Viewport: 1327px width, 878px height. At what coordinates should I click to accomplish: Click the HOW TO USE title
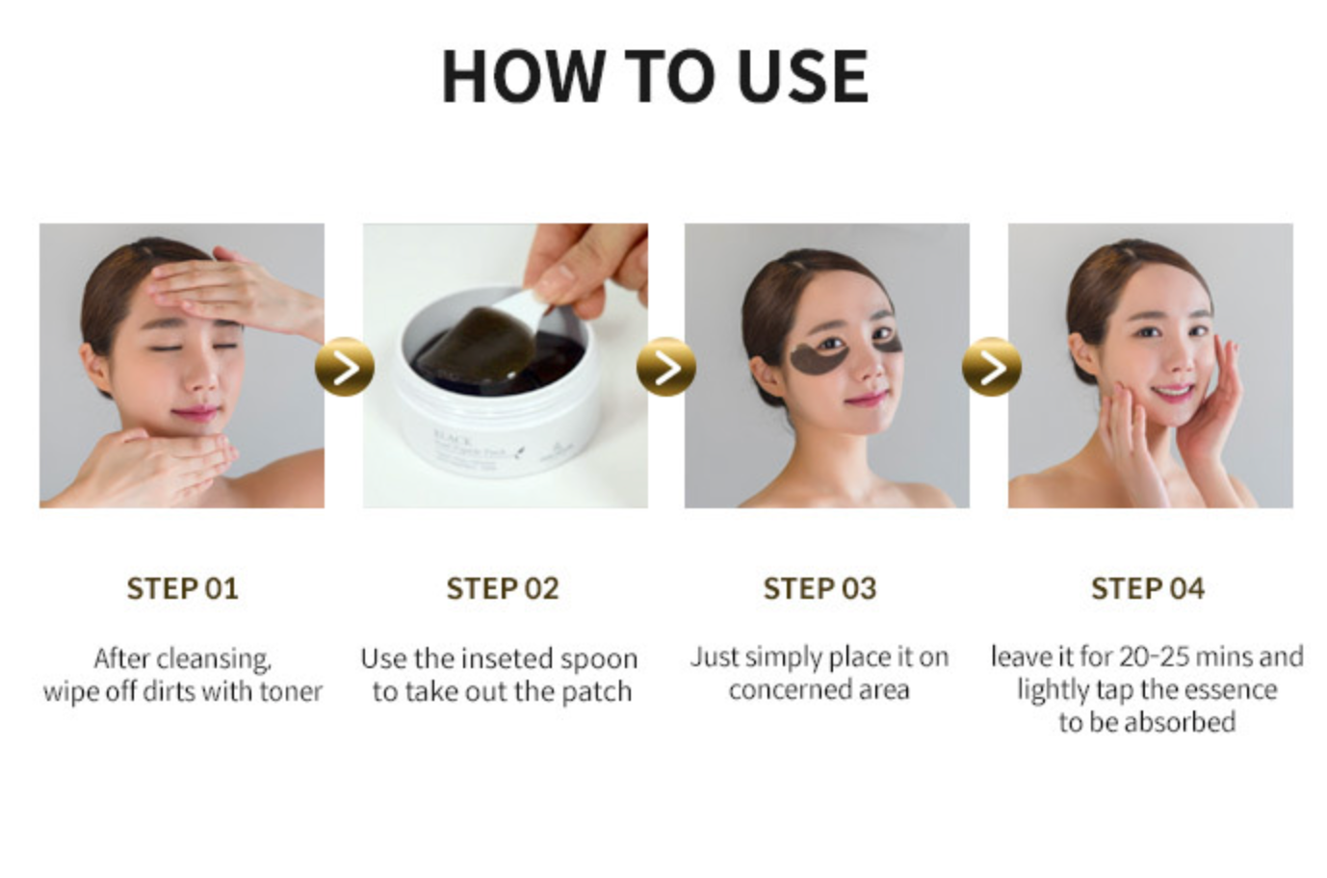tap(655, 76)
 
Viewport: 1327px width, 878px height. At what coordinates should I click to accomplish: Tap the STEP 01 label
tap(182, 588)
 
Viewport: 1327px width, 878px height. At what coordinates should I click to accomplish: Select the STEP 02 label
tap(502, 588)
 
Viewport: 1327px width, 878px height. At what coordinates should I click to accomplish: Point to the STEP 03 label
tap(820, 588)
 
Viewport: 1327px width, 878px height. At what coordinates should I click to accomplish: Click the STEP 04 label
tap(1147, 588)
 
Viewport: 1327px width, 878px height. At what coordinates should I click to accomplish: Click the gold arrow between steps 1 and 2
tap(345, 367)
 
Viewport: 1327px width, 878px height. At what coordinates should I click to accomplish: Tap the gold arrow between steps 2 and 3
tap(666, 367)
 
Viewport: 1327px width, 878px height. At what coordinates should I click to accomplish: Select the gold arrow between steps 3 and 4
tap(991, 367)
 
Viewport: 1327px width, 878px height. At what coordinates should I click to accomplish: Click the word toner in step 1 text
tap(290, 691)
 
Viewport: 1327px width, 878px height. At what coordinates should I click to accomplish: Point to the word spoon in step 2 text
tap(598, 658)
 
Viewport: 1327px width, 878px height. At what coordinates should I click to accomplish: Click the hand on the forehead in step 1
tap(226, 285)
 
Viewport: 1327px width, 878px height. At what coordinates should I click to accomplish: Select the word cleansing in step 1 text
tap(214, 658)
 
